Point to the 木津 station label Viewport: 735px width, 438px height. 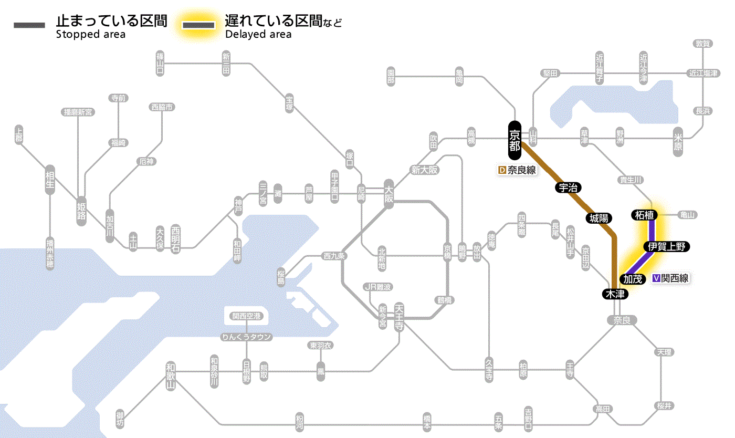point(615,294)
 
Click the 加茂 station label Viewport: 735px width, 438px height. point(633,279)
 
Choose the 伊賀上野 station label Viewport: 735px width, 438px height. point(666,246)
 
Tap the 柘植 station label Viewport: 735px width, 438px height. point(644,215)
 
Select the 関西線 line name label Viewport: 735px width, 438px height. point(675,278)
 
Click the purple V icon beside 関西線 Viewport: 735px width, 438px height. point(656,278)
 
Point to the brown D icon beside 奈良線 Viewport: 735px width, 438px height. point(501,170)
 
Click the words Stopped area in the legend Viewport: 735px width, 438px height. point(91,35)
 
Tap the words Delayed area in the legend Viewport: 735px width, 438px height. point(258,35)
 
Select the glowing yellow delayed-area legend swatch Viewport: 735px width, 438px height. point(198,25)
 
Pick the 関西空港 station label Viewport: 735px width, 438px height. point(247,316)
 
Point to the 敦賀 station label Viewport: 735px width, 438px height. point(702,44)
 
